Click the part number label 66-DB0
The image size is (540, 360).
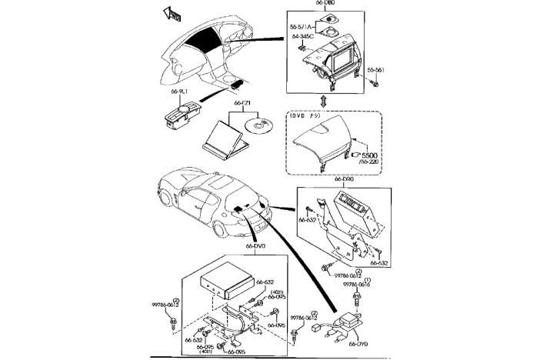[325, 4]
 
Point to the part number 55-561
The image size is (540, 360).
[375, 70]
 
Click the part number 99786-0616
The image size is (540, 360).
[356, 284]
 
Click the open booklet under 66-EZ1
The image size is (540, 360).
[223, 138]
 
